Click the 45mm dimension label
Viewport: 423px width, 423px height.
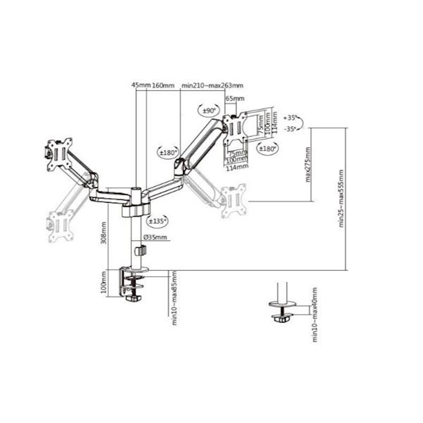[141, 86]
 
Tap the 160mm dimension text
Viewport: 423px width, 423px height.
[163, 86]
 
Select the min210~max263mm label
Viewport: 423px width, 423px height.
[212, 86]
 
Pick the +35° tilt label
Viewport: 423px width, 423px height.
[291, 118]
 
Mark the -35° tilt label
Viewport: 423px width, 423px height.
[291, 129]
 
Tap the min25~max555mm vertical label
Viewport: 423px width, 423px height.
[341, 199]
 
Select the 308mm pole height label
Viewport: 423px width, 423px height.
[103, 233]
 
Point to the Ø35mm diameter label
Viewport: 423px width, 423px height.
[155, 237]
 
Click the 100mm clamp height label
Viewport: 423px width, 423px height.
[103, 283]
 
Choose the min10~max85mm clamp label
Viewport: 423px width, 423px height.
[174, 298]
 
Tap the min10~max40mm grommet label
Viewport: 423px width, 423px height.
[315, 314]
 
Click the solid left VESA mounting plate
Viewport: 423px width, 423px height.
[59, 154]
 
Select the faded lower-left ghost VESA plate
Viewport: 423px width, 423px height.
[61, 226]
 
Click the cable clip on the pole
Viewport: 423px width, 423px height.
[141, 250]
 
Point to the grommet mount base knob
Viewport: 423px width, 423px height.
[282, 318]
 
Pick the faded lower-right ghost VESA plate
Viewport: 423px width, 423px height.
[233, 201]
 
